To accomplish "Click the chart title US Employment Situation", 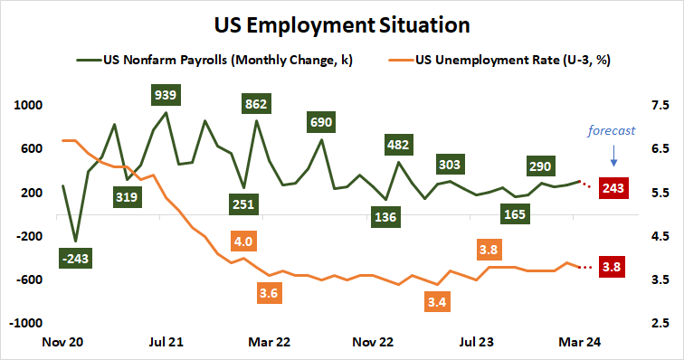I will pyautogui.click(x=342, y=21).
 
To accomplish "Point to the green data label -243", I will pyautogui.click(x=75, y=259).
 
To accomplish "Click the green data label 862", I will pyautogui.click(x=256, y=104).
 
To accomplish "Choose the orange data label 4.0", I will pyautogui.click(x=242, y=242).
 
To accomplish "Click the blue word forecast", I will pyautogui.click(x=612, y=129).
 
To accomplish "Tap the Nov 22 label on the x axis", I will pyautogui.click(x=373, y=343).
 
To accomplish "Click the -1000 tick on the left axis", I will pyautogui.click(x=26, y=323).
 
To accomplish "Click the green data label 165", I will pyautogui.click(x=516, y=214).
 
